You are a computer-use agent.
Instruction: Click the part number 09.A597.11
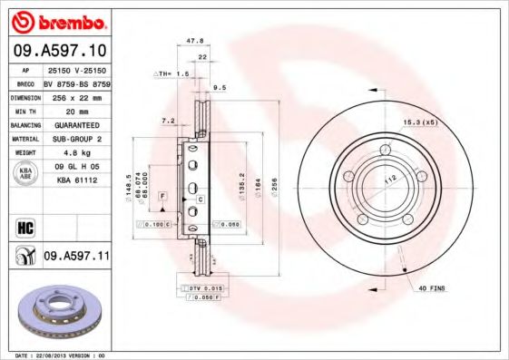pyautogui.click(x=76, y=257)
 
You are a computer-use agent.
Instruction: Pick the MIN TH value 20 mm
pyautogui.click(x=74, y=110)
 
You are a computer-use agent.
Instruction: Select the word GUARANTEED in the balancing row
pyautogui.click(x=76, y=124)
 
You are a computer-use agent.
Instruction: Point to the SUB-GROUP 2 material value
pyautogui.click(x=76, y=139)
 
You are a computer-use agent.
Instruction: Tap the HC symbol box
pyautogui.click(x=25, y=226)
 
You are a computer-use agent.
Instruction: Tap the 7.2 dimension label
pyautogui.click(x=167, y=120)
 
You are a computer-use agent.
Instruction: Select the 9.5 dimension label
pyautogui.click(x=219, y=88)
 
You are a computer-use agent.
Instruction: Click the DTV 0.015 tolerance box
pyautogui.click(x=198, y=287)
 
